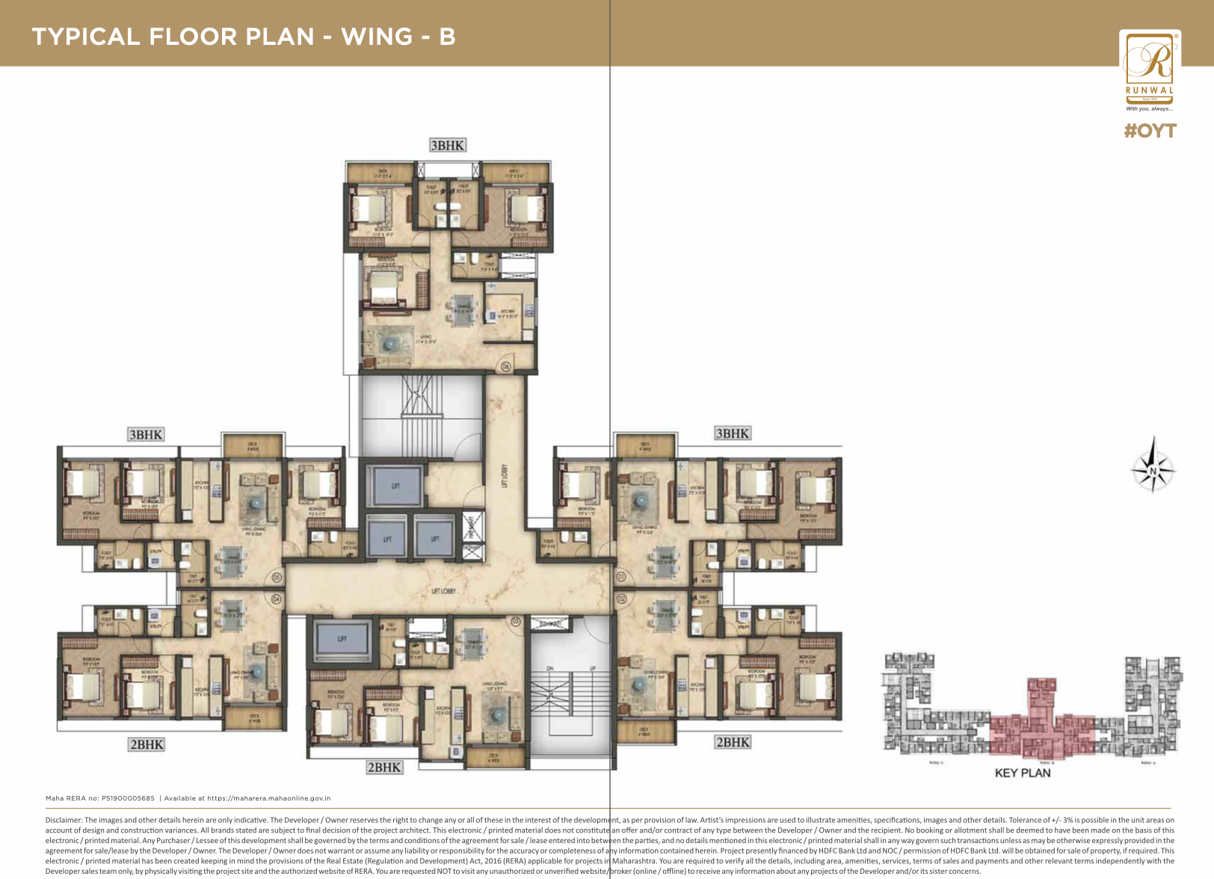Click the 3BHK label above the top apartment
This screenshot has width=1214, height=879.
[447, 145]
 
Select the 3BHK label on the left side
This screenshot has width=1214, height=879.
[146, 434]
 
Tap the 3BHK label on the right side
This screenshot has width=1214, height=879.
[732, 434]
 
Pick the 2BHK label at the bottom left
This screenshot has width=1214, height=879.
[147, 744]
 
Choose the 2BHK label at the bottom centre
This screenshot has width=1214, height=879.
[384, 767]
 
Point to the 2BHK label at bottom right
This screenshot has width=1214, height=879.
[732, 742]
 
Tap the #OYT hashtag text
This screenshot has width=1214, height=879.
[1150, 131]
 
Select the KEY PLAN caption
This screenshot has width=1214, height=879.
[1023, 773]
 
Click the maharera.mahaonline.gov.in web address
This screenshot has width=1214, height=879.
[269, 798]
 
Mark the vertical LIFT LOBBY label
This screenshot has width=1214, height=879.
[505, 475]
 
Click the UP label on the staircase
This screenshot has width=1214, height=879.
[593, 667]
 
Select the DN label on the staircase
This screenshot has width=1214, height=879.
[549, 667]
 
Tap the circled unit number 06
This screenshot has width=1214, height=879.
[505, 366]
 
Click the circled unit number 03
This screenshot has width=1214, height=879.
[515, 621]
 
